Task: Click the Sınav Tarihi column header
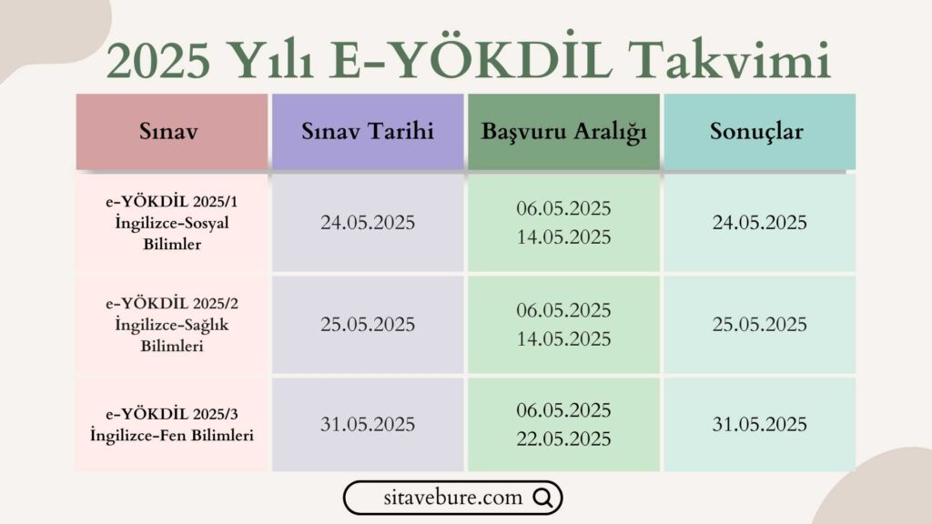(x=367, y=132)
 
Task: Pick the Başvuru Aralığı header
(x=563, y=132)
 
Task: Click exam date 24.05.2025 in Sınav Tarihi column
(x=367, y=223)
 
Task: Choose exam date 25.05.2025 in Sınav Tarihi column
(x=367, y=325)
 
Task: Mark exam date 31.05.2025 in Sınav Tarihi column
(x=367, y=425)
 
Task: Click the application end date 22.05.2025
(x=563, y=438)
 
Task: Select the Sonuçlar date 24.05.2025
(x=760, y=223)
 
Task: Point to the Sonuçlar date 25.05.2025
(x=760, y=325)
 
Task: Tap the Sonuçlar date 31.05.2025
(x=760, y=425)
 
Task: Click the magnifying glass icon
(x=542, y=498)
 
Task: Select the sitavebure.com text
(x=452, y=498)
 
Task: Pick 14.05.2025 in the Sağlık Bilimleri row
(x=563, y=339)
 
